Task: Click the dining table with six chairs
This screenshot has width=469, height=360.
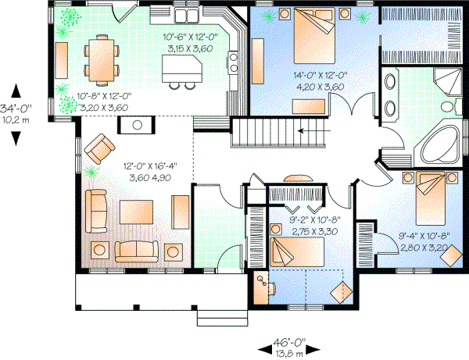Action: pyautogui.click(x=99, y=59)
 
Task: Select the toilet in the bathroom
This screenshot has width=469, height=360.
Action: pyautogui.click(x=446, y=106)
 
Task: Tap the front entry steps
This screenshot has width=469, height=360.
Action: pyautogui.click(x=222, y=316)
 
